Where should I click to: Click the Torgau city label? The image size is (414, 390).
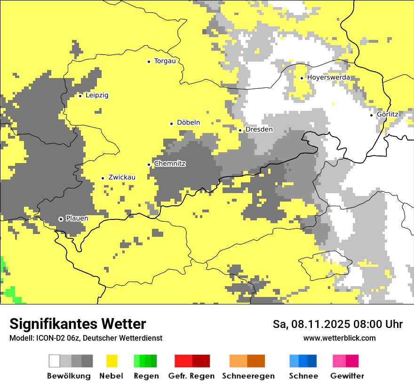point(165,61)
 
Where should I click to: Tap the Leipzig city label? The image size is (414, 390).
point(97,95)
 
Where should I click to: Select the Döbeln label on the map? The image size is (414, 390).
point(188,123)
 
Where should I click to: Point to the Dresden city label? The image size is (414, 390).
point(259,130)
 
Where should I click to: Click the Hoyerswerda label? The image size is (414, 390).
point(328,78)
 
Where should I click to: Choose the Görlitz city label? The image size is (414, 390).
point(388,115)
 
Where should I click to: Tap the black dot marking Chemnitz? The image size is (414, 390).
point(149,164)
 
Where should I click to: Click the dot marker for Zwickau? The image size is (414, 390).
point(103,178)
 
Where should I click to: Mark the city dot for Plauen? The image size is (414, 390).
point(61,219)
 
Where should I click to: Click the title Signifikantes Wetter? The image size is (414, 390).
point(78,324)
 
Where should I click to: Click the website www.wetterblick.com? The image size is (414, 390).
point(339,338)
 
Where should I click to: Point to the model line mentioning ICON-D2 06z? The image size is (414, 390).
point(86,338)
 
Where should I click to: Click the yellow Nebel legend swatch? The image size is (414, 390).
point(112,361)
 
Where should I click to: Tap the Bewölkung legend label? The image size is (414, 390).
point(69,376)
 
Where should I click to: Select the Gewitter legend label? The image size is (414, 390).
point(347,376)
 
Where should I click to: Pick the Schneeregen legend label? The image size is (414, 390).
point(248,376)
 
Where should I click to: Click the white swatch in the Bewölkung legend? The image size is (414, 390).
point(55,361)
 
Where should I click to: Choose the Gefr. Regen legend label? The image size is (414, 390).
point(191,376)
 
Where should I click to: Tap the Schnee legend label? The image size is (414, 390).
point(303,376)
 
